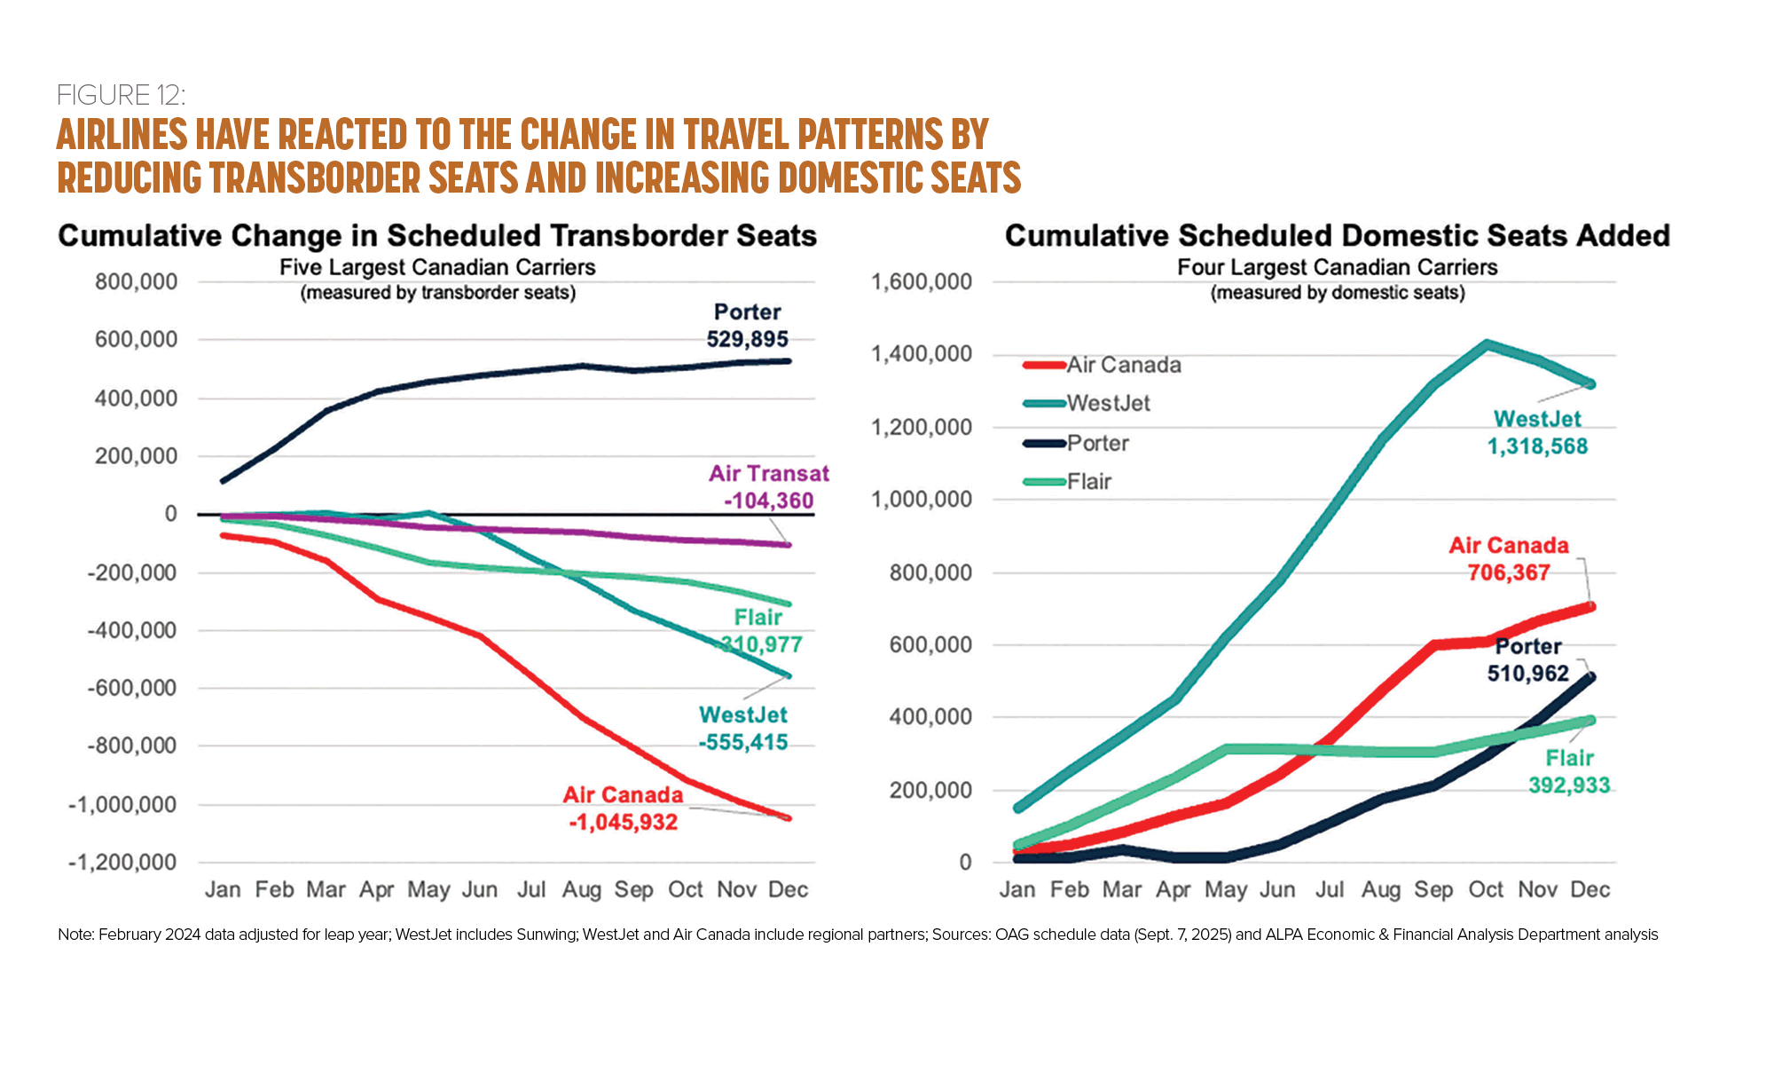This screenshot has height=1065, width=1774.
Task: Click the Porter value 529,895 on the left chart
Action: point(747,339)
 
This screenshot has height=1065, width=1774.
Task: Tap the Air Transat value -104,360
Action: point(768,501)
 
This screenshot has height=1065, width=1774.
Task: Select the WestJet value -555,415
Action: point(743,742)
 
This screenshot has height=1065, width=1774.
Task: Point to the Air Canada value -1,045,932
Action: point(624,822)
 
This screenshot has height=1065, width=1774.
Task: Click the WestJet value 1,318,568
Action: point(1537,446)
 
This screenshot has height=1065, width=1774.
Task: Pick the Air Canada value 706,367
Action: point(1508,572)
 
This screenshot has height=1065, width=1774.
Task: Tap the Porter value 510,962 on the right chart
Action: point(1527,674)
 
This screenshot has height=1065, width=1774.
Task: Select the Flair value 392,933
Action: point(1568,785)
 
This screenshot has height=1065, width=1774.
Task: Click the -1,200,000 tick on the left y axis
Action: point(122,863)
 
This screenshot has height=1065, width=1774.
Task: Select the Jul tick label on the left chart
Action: point(531,890)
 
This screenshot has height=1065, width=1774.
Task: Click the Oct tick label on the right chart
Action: point(1486,890)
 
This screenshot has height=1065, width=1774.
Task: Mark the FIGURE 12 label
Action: point(121,95)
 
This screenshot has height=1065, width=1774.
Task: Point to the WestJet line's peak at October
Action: point(1487,344)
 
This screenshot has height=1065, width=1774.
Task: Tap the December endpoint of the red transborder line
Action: point(788,818)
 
